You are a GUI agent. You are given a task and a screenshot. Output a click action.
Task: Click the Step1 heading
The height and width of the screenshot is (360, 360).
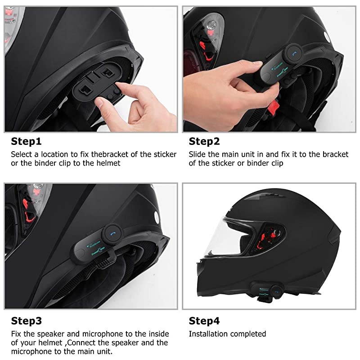26,141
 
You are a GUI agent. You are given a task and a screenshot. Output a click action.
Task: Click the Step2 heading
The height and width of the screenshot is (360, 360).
204,141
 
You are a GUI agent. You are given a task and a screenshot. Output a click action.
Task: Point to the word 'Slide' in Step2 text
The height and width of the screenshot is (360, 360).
197,154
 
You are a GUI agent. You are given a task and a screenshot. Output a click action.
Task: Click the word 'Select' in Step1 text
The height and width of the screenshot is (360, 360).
22,154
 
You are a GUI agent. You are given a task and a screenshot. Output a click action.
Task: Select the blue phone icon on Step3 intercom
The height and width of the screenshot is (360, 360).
112,234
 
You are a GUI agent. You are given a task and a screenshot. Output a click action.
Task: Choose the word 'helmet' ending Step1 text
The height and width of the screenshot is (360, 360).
110,163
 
